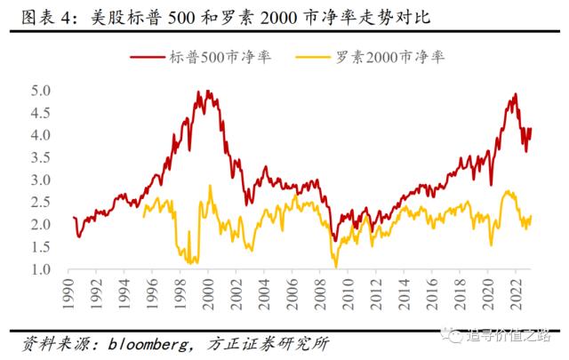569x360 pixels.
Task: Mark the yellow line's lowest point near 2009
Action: tap(336, 266)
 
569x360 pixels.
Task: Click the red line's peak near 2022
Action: tap(515, 94)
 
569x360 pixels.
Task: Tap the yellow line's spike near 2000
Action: tap(210, 186)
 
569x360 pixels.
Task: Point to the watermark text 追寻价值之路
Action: tap(515, 335)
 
